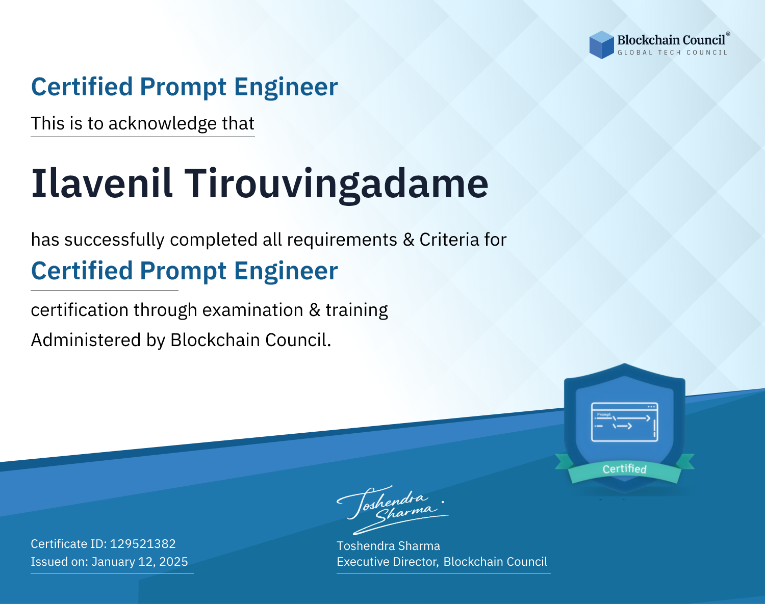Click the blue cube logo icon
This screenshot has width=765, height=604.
click(x=601, y=45)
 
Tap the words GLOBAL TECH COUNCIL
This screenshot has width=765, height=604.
click(x=672, y=52)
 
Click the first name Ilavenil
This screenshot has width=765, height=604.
click(x=102, y=183)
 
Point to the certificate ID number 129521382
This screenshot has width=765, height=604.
click(x=143, y=543)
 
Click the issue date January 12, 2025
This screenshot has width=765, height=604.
click(x=139, y=562)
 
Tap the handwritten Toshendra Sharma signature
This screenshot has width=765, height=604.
click(x=393, y=510)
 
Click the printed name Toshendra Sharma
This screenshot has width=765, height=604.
click(x=388, y=546)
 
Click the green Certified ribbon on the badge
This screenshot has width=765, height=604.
click(x=625, y=469)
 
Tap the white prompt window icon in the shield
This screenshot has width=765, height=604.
click(x=625, y=422)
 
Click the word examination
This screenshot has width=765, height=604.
click(x=252, y=310)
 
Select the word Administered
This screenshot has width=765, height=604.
click(x=86, y=339)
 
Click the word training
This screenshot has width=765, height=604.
click(x=356, y=310)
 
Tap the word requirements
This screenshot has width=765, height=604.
click(x=342, y=240)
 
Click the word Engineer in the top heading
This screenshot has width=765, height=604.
click(x=286, y=87)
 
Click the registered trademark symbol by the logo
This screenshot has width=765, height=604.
click(x=728, y=34)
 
